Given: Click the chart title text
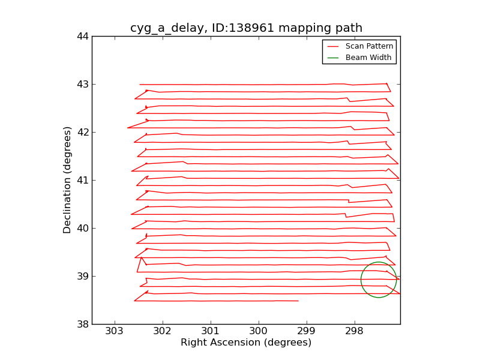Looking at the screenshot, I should point(246,28).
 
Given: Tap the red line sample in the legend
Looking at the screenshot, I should point(333,46).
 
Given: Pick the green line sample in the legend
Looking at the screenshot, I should point(333,58).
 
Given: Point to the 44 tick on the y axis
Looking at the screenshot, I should point(82,36).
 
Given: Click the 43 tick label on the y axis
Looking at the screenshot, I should point(82,84).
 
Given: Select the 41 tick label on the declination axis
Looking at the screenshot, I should point(82,180).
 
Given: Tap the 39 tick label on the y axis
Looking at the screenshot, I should point(82,276).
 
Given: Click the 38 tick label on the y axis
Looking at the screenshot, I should point(82,324).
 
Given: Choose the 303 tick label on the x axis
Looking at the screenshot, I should point(114,331).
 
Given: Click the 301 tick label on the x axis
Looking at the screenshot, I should point(210,331).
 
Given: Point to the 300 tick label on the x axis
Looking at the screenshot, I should point(258,331).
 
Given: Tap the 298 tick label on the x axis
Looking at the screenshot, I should point(354,331).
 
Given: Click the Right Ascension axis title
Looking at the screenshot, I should point(246,343).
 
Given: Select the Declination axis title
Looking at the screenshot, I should point(68,180).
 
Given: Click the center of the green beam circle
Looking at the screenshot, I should point(379,280).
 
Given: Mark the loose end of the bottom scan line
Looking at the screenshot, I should point(298,301).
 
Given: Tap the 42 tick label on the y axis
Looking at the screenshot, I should point(82,132).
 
